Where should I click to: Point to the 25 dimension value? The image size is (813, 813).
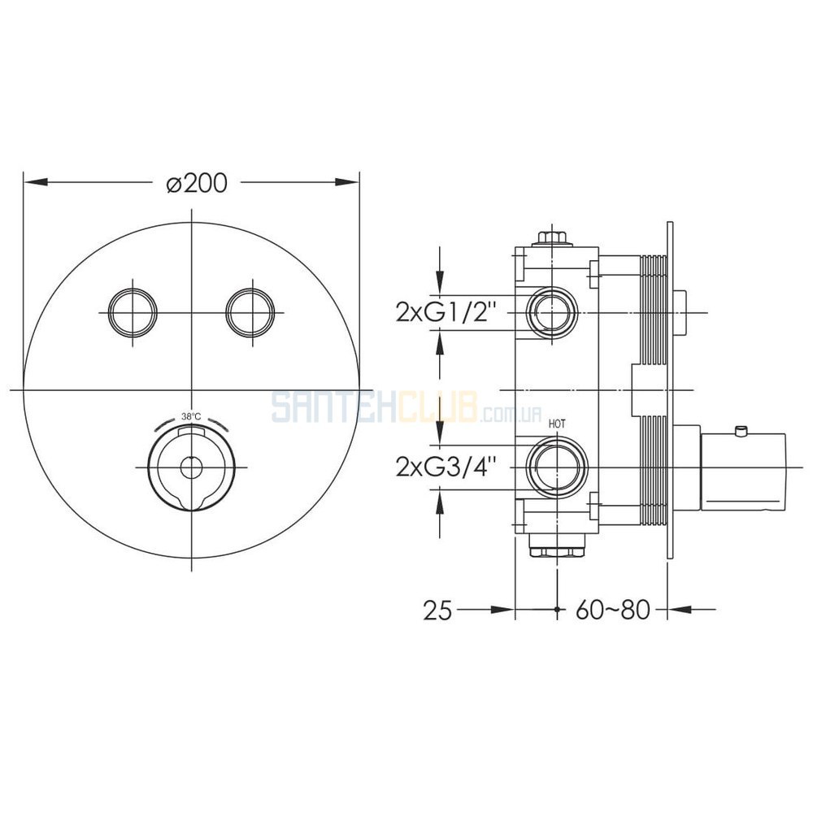pyautogui.click(x=437, y=611)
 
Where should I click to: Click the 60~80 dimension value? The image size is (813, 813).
pyautogui.click(x=612, y=611)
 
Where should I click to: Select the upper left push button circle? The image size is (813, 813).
pyautogui.click(x=133, y=312)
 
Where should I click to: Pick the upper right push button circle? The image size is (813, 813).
pyautogui.click(x=250, y=312)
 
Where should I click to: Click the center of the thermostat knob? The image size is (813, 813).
pyautogui.click(x=191, y=467)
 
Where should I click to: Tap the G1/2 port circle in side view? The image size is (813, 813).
pyautogui.click(x=552, y=313)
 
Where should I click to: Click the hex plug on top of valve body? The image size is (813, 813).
pyautogui.click(x=552, y=239)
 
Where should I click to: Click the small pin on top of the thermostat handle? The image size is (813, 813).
pyautogui.click(x=741, y=431)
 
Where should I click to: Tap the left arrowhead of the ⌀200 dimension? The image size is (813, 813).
pyautogui.click(x=36, y=182)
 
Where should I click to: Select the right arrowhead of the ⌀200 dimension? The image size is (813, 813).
pyautogui.click(x=347, y=182)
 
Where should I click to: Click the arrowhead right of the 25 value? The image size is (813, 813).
pyautogui.click(x=502, y=611)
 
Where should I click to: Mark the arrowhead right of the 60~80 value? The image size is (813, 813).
pyautogui.click(x=679, y=611)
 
